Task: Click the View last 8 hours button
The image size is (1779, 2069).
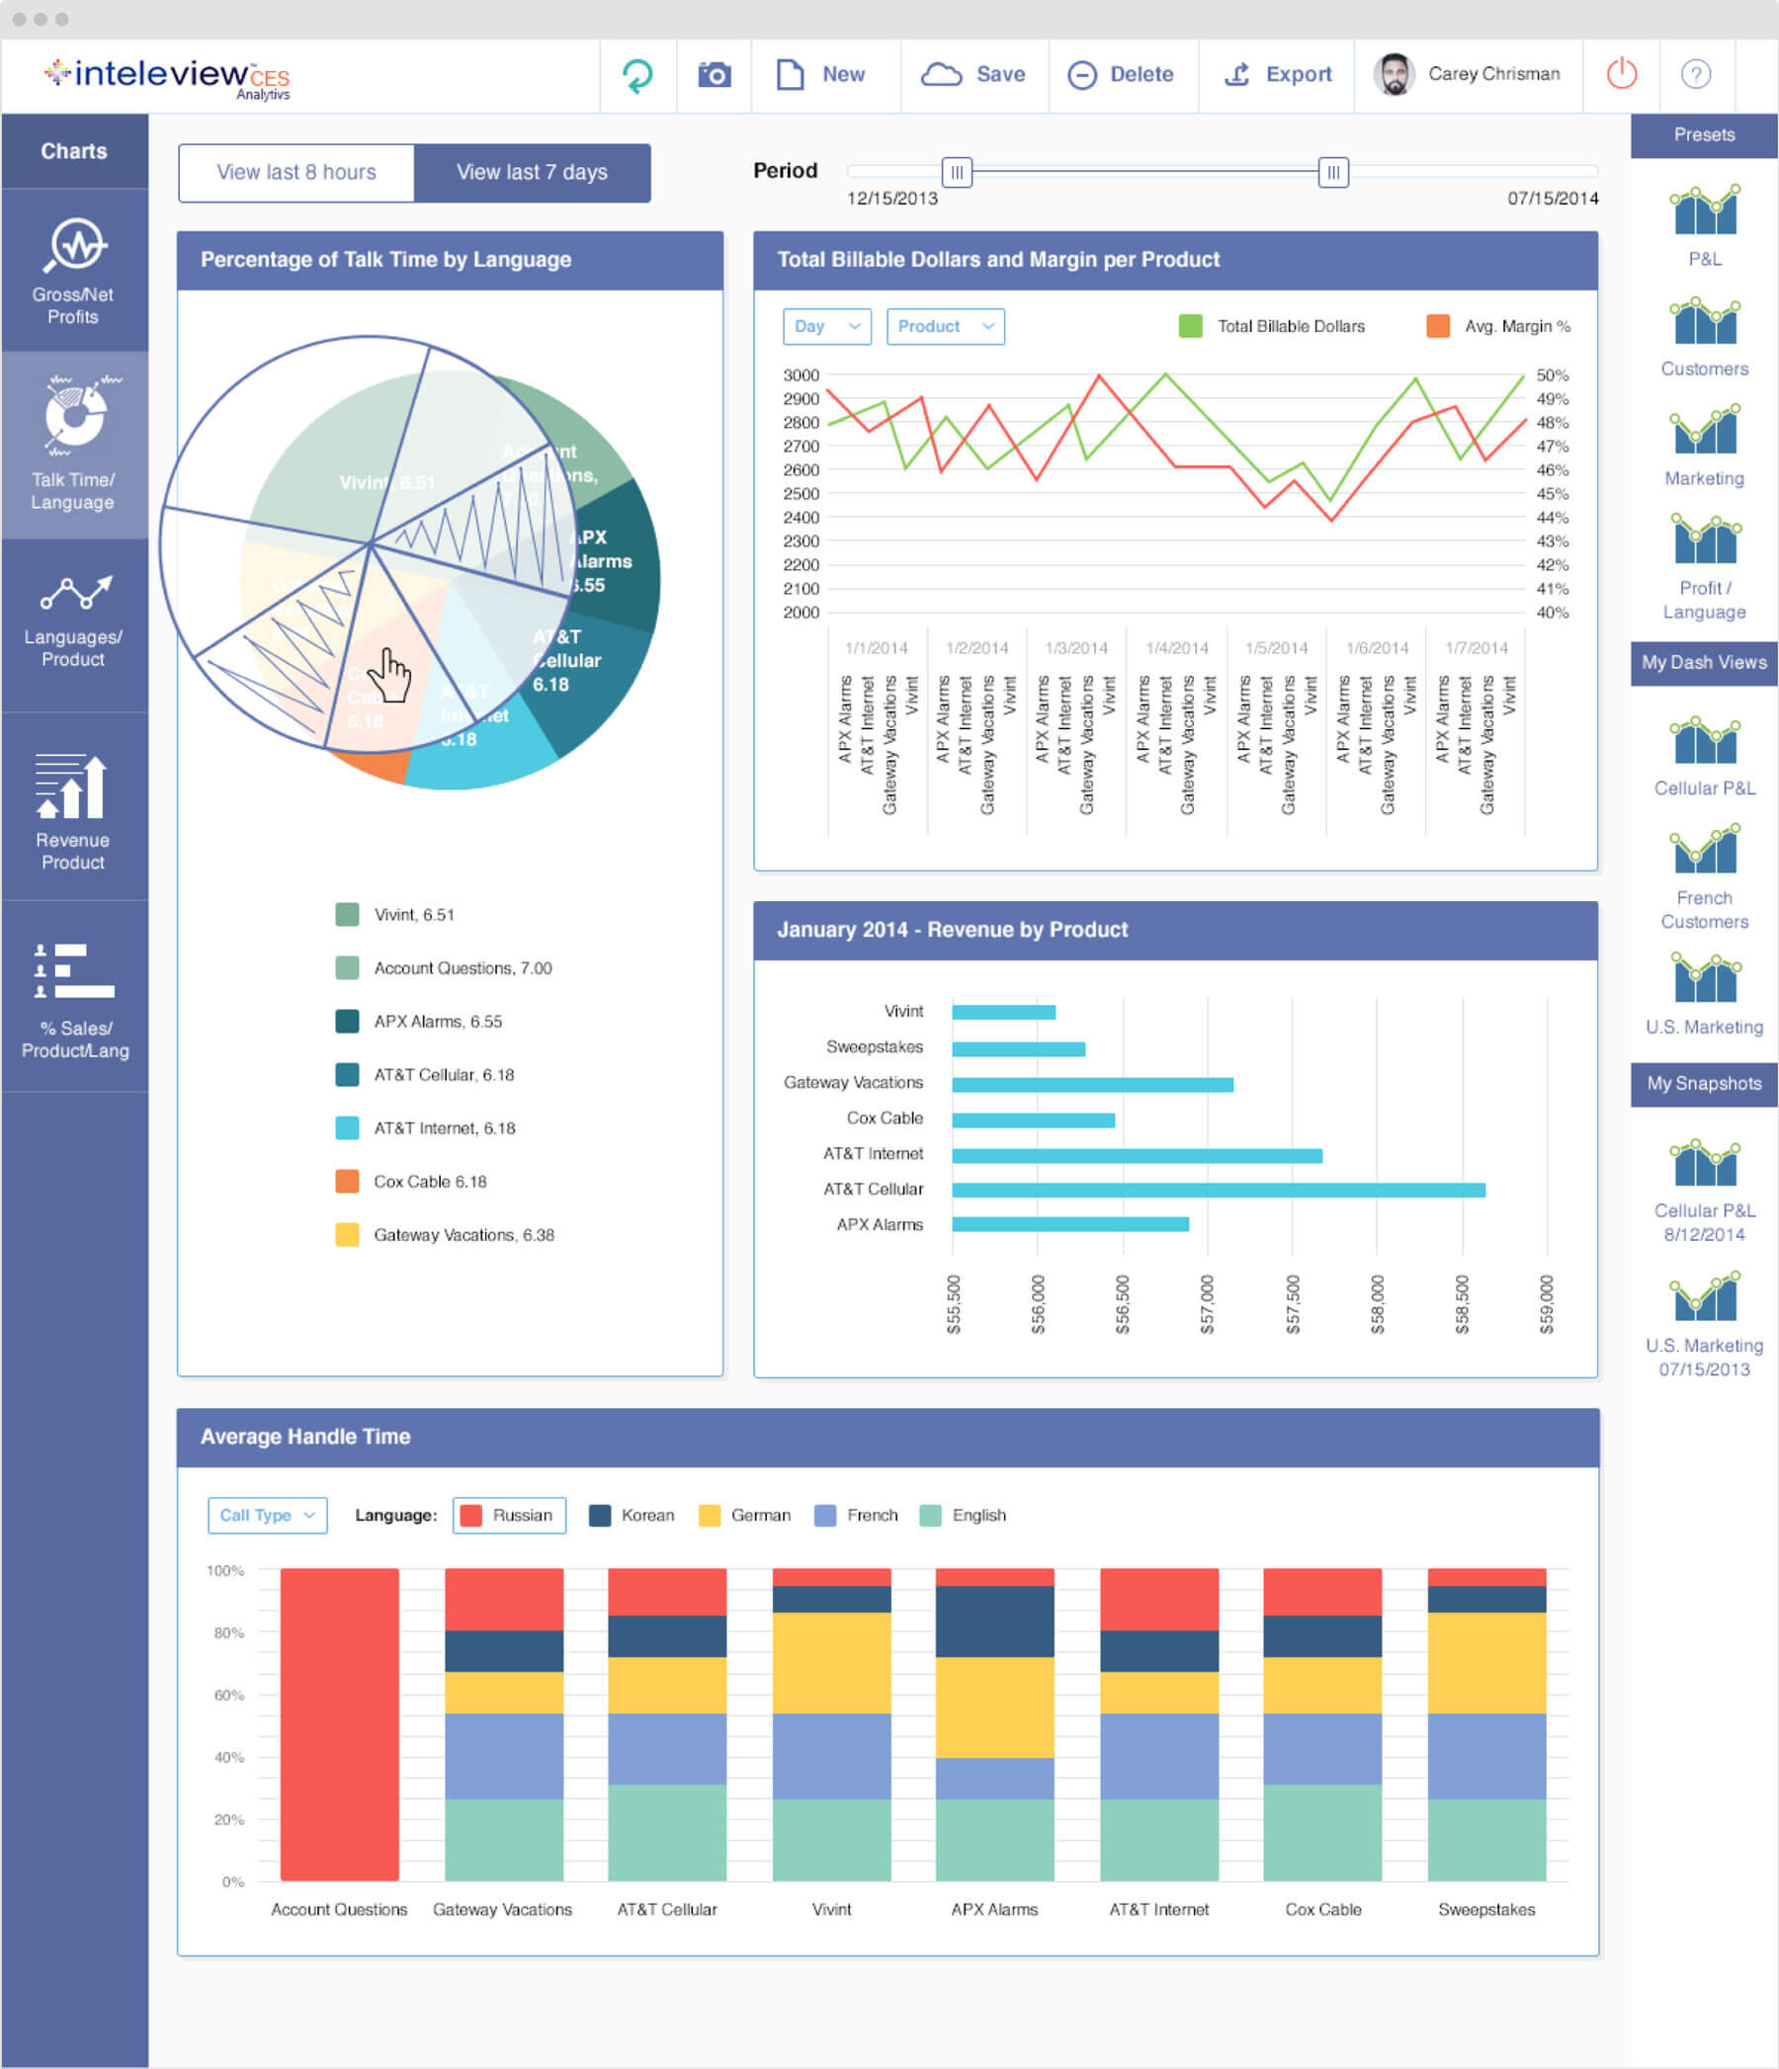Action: (x=296, y=173)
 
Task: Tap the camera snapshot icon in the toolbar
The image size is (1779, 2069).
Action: (x=715, y=75)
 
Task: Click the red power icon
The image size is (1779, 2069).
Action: (x=1620, y=74)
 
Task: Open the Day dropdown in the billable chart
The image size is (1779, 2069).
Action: (x=827, y=326)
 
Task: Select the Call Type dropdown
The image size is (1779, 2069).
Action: (x=267, y=1515)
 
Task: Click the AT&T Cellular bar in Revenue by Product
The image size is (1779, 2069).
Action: (x=1218, y=1190)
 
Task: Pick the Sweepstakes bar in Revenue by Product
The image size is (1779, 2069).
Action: (x=1018, y=1048)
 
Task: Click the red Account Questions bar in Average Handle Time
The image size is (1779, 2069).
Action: (x=340, y=1723)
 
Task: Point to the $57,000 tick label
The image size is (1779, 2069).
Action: (x=1207, y=1304)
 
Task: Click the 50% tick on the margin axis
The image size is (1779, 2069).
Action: (x=1552, y=375)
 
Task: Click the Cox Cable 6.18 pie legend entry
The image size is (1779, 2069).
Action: (x=430, y=1182)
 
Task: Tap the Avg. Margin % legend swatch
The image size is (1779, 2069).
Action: (x=1437, y=326)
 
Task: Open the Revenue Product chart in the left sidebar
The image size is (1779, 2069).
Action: (x=73, y=813)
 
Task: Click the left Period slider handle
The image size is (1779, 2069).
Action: (x=956, y=172)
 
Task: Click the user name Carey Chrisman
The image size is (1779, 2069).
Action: (x=1492, y=74)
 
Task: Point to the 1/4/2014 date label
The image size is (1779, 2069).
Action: (x=1177, y=648)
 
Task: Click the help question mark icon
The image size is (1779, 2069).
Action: (x=1695, y=74)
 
